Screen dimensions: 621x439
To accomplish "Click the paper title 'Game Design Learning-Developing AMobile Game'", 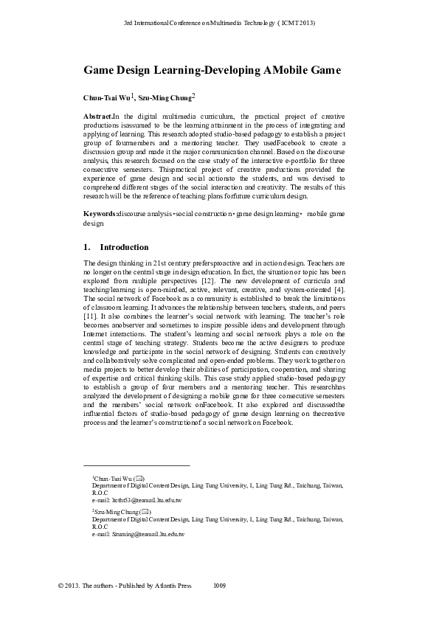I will click(x=212, y=70).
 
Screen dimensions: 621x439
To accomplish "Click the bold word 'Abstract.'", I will click(x=99, y=117).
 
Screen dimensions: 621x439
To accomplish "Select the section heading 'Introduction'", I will click(x=124, y=247).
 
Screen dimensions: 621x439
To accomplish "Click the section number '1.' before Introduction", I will click(x=87, y=247).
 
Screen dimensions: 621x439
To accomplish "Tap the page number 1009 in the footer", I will click(x=219, y=586).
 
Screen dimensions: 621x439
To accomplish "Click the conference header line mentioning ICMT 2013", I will click(x=219, y=23).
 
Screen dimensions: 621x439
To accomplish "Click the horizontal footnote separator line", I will click(x=136, y=465).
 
